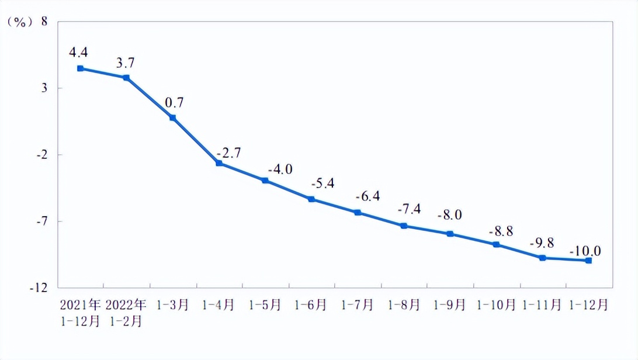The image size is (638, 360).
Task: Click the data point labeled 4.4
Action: click(x=80, y=68)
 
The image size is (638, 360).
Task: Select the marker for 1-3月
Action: click(x=173, y=117)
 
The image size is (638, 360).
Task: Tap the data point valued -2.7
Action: click(x=219, y=163)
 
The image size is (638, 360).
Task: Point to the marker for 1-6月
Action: click(x=311, y=199)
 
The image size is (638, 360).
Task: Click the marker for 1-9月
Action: click(x=450, y=234)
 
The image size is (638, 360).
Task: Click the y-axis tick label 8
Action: click(x=44, y=22)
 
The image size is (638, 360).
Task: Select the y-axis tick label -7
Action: click(x=41, y=221)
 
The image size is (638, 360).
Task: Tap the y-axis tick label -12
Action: click(x=39, y=288)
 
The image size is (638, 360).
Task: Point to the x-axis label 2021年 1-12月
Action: click(x=80, y=313)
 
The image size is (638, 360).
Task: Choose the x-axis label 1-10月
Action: click(x=497, y=305)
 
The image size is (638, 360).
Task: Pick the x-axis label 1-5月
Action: click(x=265, y=305)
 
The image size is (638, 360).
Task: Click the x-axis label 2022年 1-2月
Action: click(x=125, y=313)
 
